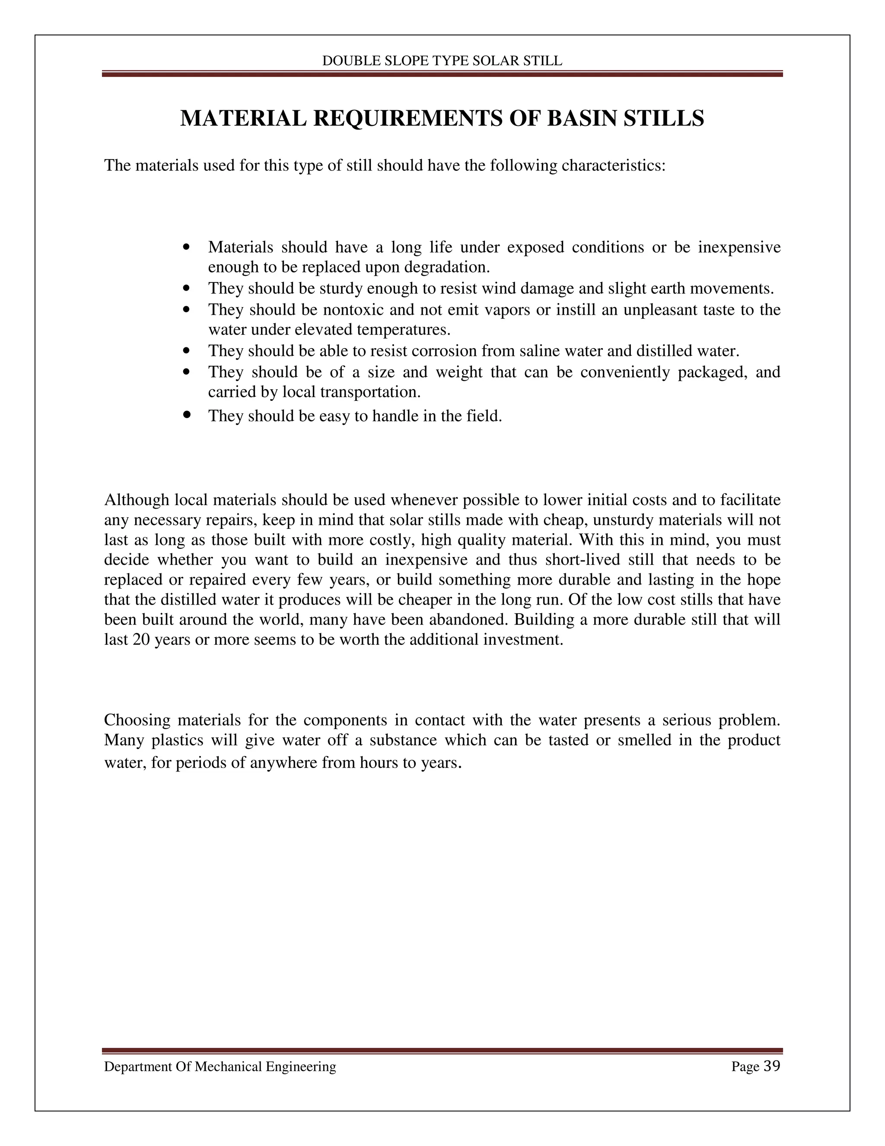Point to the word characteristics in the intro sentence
coord(612,166)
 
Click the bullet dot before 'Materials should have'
coord(187,246)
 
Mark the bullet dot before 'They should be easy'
coord(187,415)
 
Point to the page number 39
coord(772,1066)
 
